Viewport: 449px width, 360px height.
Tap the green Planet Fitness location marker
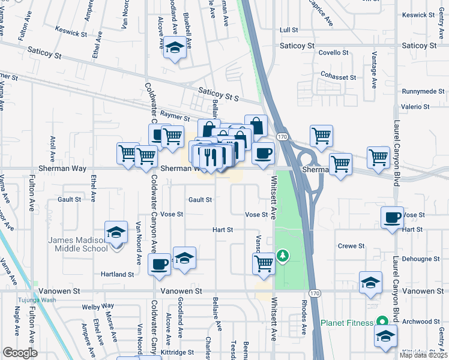point(380,320)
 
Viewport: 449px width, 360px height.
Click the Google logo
point(20,352)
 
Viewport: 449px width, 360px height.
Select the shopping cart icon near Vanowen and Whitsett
point(264,262)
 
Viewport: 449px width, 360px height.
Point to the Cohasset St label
point(339,77)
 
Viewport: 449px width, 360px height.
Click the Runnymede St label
point(424,92)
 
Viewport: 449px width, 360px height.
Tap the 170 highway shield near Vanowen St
point(316,292)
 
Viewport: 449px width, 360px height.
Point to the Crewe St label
point(351,246)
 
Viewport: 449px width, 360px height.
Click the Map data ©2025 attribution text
point(423,355)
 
